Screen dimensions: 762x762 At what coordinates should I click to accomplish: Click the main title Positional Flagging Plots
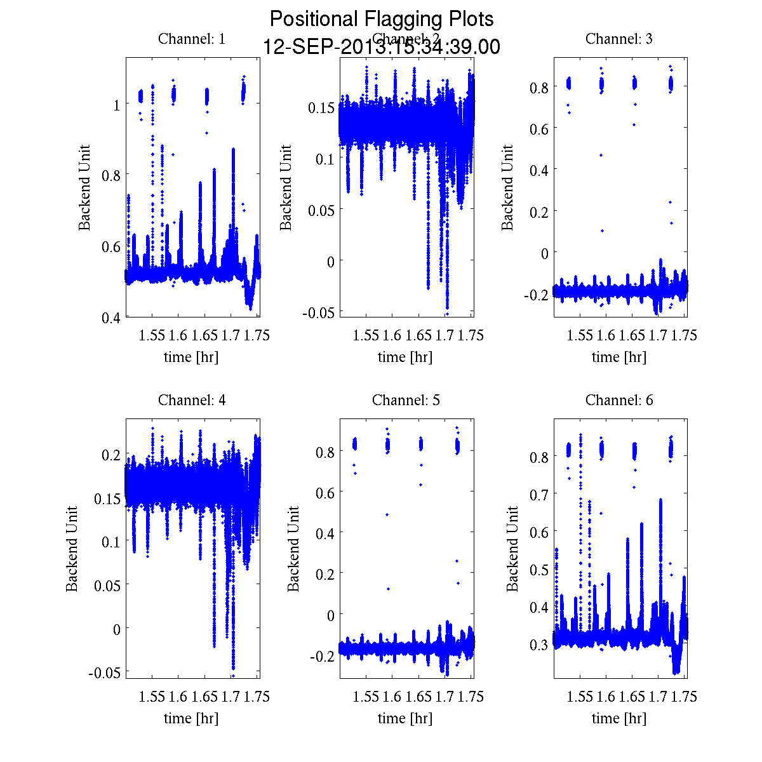pos(382,19)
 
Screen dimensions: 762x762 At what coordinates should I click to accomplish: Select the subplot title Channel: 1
pos(192,39)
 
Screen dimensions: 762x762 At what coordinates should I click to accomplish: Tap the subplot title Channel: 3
pos(619,39)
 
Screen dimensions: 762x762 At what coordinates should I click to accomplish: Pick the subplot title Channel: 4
pos(192,400)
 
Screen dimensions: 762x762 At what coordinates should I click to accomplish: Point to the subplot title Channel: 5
pos(406,400)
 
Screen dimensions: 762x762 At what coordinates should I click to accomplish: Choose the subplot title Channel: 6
pos(619,400)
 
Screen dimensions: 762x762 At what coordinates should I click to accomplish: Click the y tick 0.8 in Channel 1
pos(111,175)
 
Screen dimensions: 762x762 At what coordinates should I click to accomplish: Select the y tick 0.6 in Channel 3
pos(539,128)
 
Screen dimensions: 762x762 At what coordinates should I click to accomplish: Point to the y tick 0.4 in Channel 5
pos(325,532)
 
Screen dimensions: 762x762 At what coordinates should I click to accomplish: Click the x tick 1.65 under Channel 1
pos(204,335)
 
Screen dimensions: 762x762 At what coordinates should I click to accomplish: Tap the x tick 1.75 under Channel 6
pos(685,697)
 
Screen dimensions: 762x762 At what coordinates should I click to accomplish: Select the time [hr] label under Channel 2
pos(405,357)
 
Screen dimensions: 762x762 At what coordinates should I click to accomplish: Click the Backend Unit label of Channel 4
pos(72,549)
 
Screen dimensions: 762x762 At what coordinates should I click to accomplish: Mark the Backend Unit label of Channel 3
pos(507,187)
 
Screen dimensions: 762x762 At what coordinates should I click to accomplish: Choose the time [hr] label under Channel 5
pos(405,718)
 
